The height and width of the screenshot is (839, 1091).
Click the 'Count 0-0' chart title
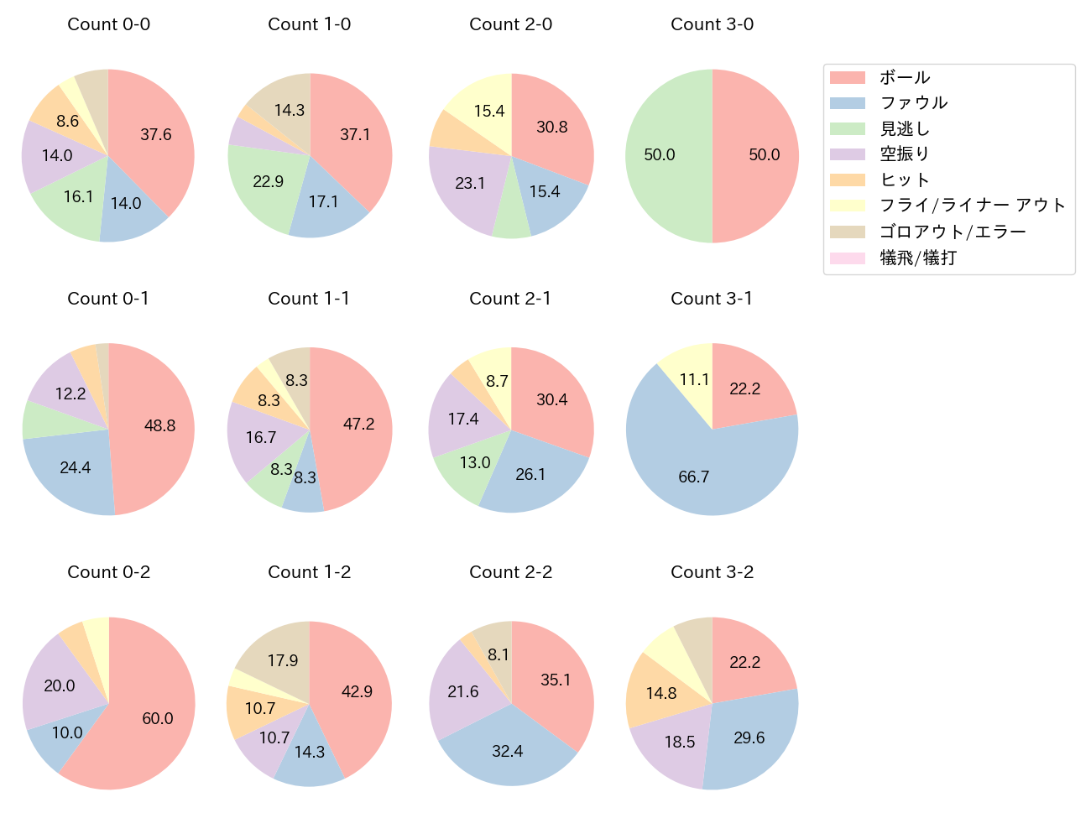108,24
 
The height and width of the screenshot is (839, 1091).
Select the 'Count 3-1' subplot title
712,299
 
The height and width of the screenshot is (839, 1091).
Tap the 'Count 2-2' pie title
510,572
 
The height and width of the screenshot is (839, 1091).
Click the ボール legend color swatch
847,78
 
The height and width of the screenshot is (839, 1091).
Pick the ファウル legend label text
913,103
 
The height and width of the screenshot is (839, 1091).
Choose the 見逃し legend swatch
847,129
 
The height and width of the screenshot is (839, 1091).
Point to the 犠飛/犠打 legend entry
918,258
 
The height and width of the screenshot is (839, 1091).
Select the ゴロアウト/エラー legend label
953,232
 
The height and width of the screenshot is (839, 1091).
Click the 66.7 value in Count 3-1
694,477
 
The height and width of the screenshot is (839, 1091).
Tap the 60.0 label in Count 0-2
158,718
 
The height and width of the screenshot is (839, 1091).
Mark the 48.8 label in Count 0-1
159,425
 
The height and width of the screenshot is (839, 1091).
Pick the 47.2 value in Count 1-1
358,425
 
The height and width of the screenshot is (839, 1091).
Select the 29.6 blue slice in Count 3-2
749,737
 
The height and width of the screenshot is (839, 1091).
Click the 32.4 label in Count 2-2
508,751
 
